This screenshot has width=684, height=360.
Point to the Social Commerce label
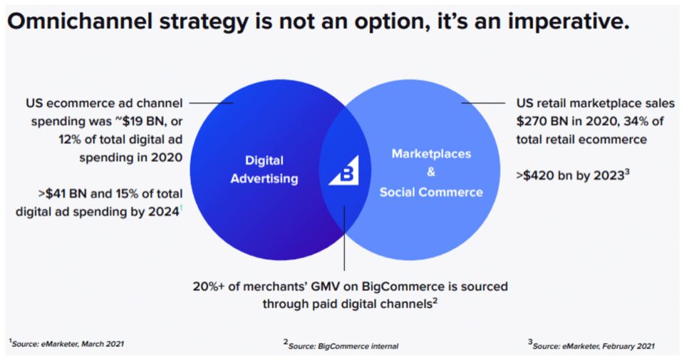[x=431, y=192]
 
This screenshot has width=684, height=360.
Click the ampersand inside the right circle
[x=430, y=173]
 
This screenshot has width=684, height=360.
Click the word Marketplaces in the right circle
[x=431, y=153]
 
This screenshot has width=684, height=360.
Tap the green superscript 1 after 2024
[x=181, y=207]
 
